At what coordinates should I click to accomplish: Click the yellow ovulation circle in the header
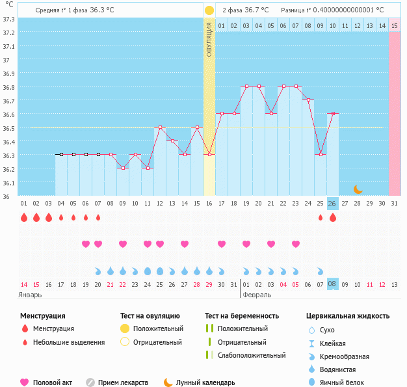209,10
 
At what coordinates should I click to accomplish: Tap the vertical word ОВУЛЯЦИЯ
209,39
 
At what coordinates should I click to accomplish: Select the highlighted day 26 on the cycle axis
332,204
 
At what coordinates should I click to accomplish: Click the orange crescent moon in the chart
358,189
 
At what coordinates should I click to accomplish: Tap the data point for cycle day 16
209,154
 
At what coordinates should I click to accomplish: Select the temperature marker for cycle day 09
122,168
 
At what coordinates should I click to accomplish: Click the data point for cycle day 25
321,154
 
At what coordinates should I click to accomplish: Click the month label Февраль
257,294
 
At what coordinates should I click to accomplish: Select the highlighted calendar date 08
332,284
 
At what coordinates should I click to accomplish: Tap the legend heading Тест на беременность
241,315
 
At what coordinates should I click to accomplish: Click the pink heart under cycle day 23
296,244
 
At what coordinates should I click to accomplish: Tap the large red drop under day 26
333,217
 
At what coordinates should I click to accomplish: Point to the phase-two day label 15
395,25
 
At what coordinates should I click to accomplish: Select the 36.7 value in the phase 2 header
252,10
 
